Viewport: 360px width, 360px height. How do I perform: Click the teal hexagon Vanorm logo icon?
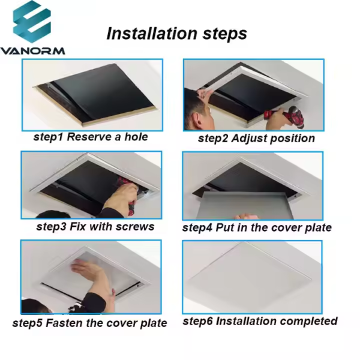click(x=32, y=22)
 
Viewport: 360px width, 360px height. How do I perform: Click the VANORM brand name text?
click(x=32, y=51)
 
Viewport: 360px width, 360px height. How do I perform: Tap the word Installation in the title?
click(x=152, y=34)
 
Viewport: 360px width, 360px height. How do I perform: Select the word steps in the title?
click(x=224, y=34)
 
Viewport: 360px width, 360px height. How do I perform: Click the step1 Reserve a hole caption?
click(x=91, y=137)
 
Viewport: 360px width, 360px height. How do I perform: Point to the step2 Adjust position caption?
click(x=256, y=139)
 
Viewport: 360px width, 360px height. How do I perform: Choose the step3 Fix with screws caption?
click(x=95, y=227)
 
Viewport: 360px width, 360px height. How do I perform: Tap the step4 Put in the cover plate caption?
click(x=257, y=228)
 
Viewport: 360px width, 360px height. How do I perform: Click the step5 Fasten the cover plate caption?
click(x=89, y=323)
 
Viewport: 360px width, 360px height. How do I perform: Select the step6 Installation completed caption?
click(x=260, y=321)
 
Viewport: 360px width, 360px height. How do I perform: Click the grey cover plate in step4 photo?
click(x=244, y=205)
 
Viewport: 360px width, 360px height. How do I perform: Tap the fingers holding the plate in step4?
click(x=244, y=217)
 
